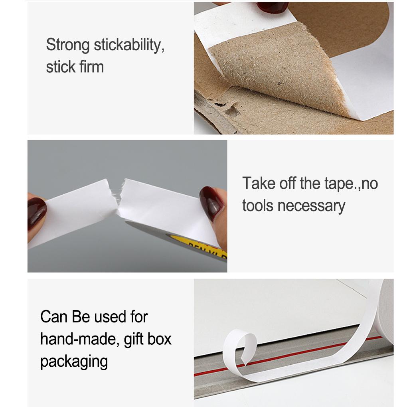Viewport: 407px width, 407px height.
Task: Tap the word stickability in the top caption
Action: click(x=128, y=45)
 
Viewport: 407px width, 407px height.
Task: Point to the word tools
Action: click(x=258, y=205)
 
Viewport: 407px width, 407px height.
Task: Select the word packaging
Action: click(x=74, y=362)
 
